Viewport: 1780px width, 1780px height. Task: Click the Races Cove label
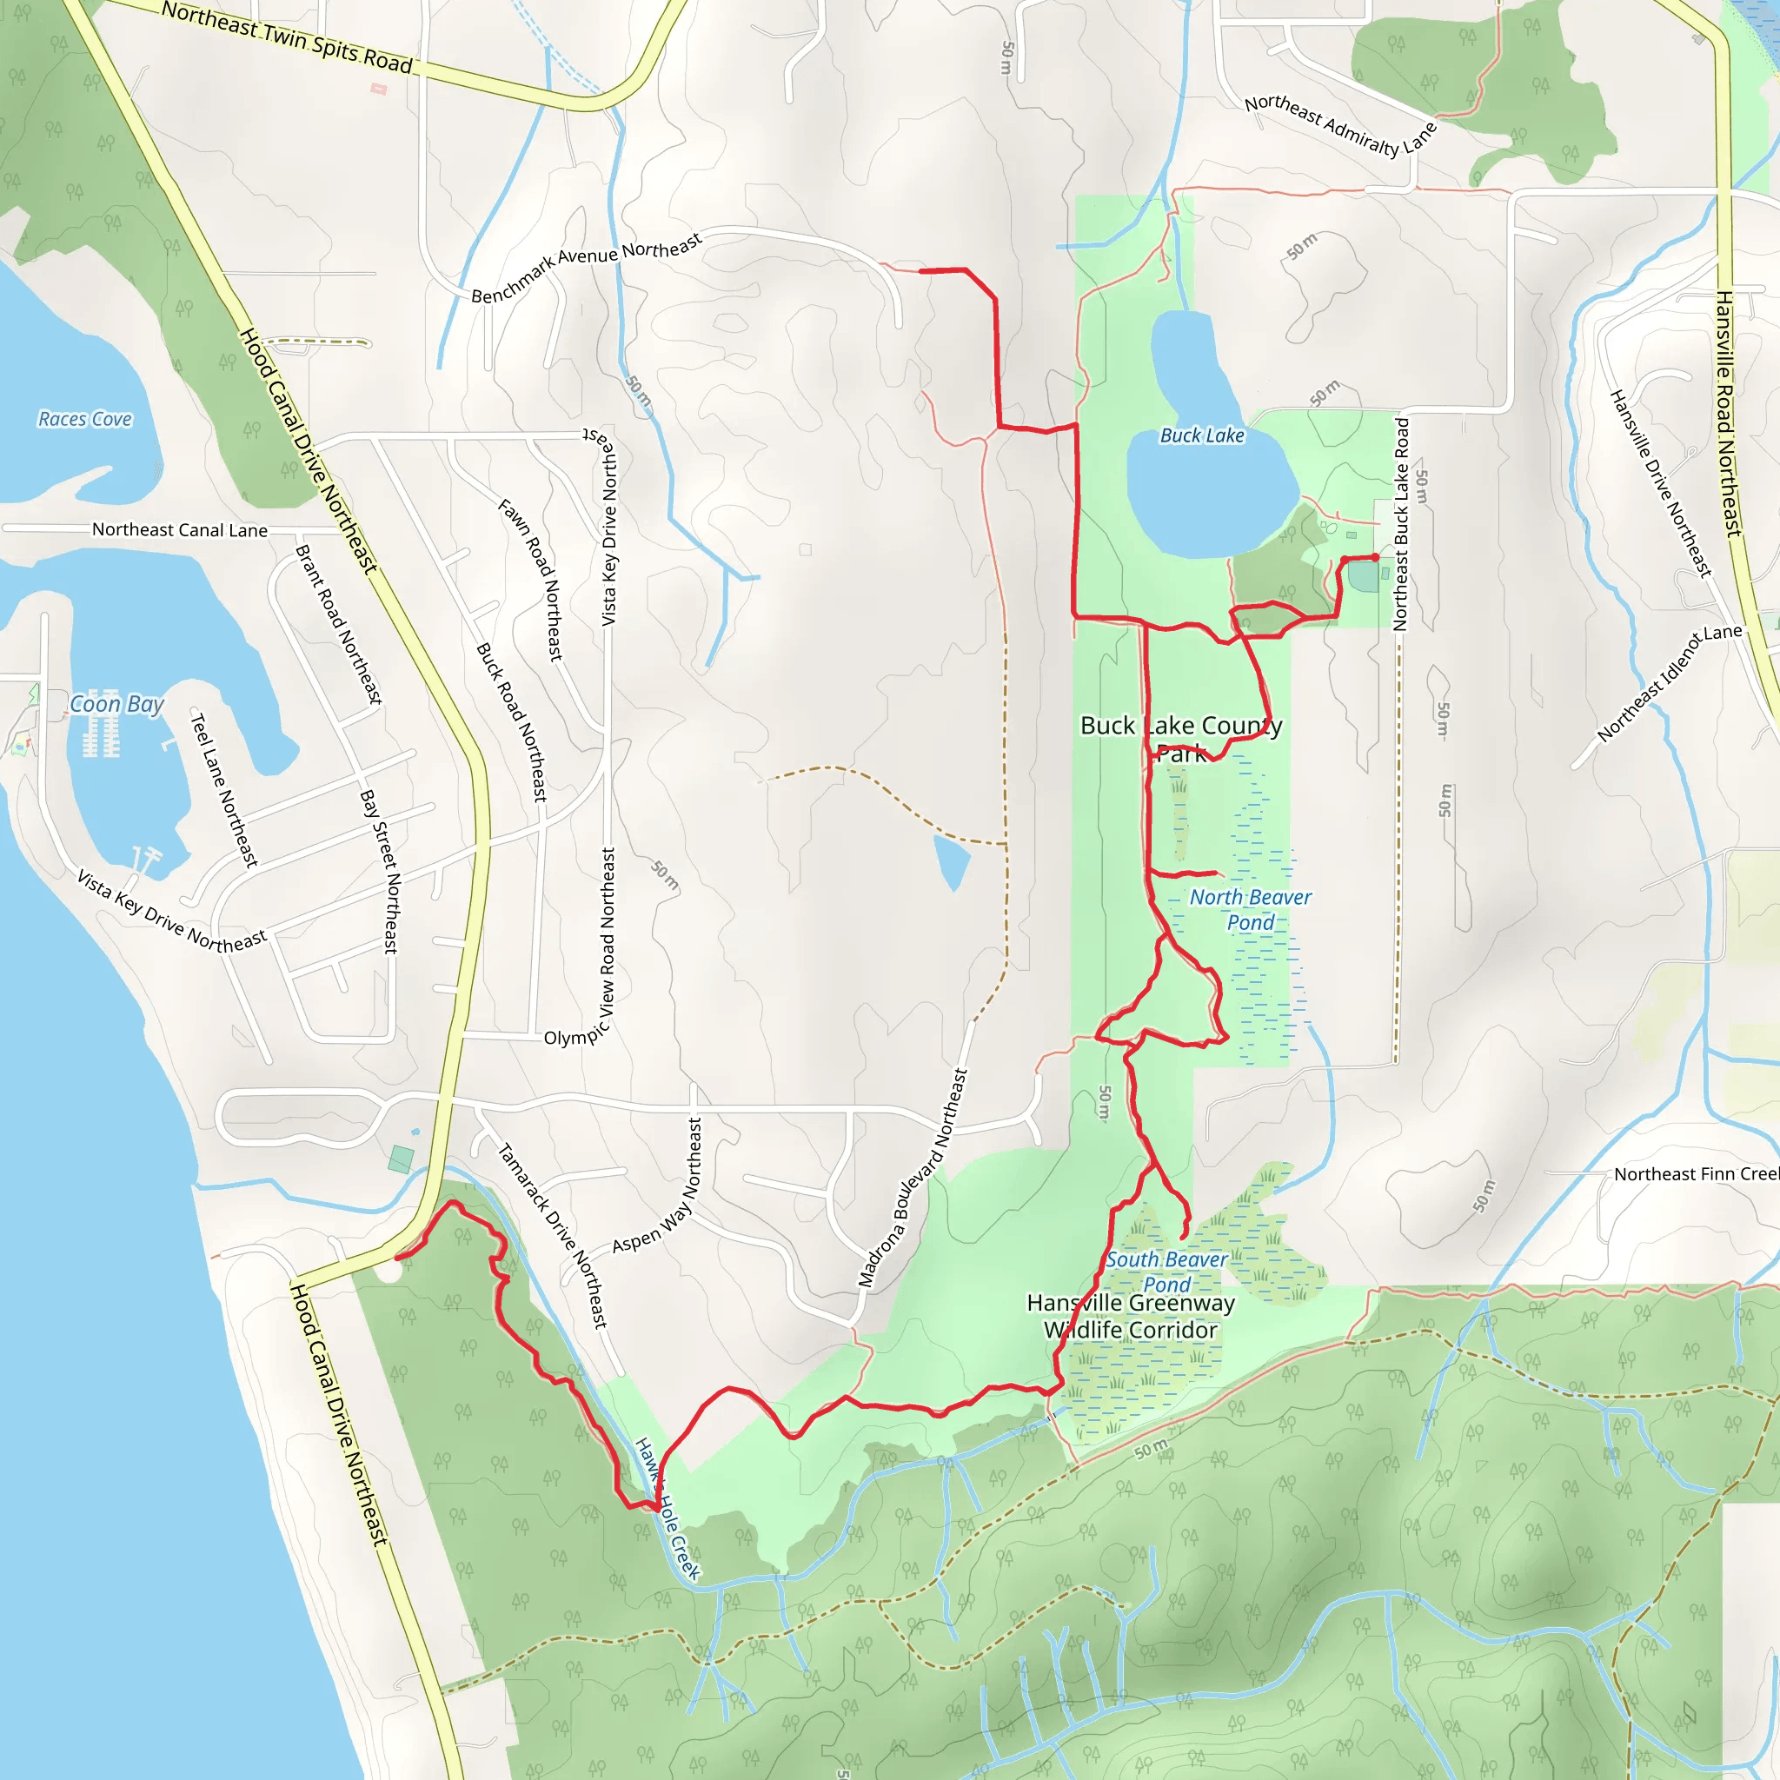pos(85,419)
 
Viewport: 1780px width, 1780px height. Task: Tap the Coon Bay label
pos(117,705)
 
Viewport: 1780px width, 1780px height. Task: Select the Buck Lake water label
pos(1201,435)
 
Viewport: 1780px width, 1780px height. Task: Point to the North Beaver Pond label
pos(1250,909)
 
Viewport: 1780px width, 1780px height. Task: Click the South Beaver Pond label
pos(1166,1272)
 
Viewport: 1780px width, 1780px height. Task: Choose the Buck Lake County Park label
pos(1181,739)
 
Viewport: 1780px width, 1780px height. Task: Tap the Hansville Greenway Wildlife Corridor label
pos(1131,1316)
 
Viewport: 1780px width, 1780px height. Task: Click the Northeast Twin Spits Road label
pos(287,37)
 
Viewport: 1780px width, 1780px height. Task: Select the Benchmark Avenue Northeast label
pos(586,267)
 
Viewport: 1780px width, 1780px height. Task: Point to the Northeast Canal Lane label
pos(180,530)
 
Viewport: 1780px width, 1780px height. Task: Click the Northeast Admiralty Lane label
pos(1339,127)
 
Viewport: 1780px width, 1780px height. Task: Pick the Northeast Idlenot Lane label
pos(1670,681)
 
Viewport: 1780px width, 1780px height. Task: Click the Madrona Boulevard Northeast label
pos(912,1178)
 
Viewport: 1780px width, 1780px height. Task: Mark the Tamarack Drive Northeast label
pos(553,1234)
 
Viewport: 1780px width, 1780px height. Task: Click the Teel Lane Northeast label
pos(223,788)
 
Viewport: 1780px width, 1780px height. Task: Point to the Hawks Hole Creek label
pos(668,1508)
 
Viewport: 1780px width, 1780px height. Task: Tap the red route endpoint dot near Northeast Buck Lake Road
pos(1375,557)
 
